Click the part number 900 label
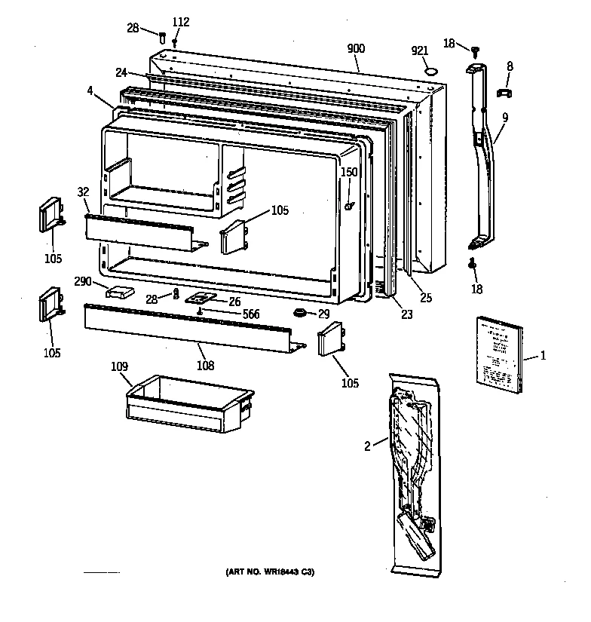click(x=356, y=48)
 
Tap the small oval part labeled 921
click(x=430, y=72)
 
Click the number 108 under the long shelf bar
click(x=204, y=366)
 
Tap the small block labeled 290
click(x=121, y=291)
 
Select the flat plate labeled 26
click(x=200, y=299)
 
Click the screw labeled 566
click(x=201, y=311)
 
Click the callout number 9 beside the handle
click(x=504, y=117)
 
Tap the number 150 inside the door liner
click(x=348, y=173)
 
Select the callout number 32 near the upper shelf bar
click(x=82, y=192)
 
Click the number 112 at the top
click(x=180, y=22)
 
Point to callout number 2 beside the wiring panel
click(x=367, y=446)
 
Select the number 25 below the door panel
click(x=426, y=298)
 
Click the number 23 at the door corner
click(x=407, y=314)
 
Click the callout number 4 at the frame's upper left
click(x=90, y=92)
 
